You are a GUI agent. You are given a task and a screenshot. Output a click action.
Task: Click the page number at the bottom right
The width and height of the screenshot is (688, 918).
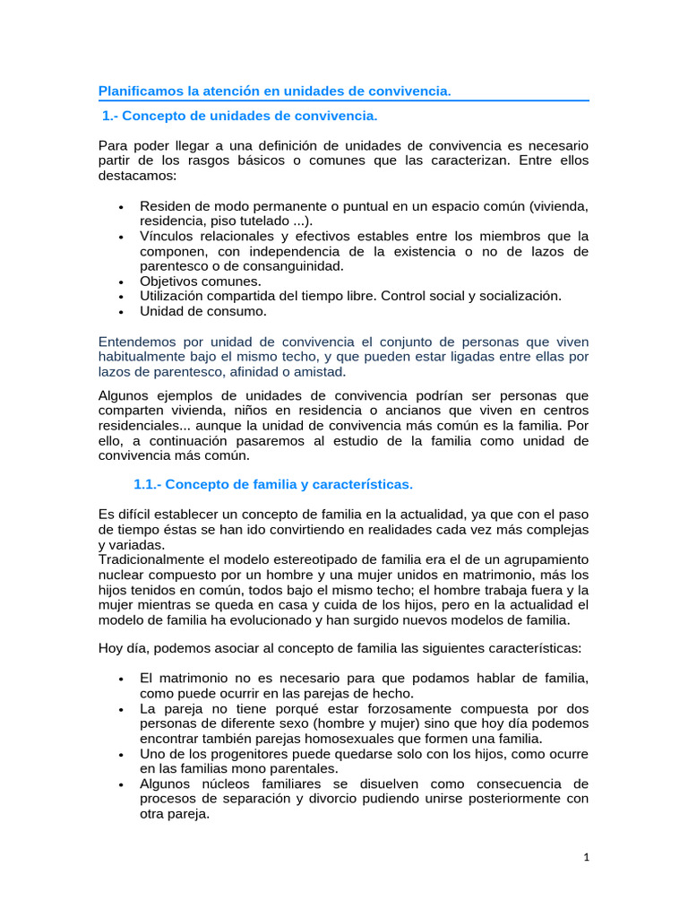586,857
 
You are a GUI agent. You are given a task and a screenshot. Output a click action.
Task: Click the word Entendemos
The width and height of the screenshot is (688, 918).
140,342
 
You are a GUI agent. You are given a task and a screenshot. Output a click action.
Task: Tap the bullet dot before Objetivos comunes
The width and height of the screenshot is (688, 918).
120,281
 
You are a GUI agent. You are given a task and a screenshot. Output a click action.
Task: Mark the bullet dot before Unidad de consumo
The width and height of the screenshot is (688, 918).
120,312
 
